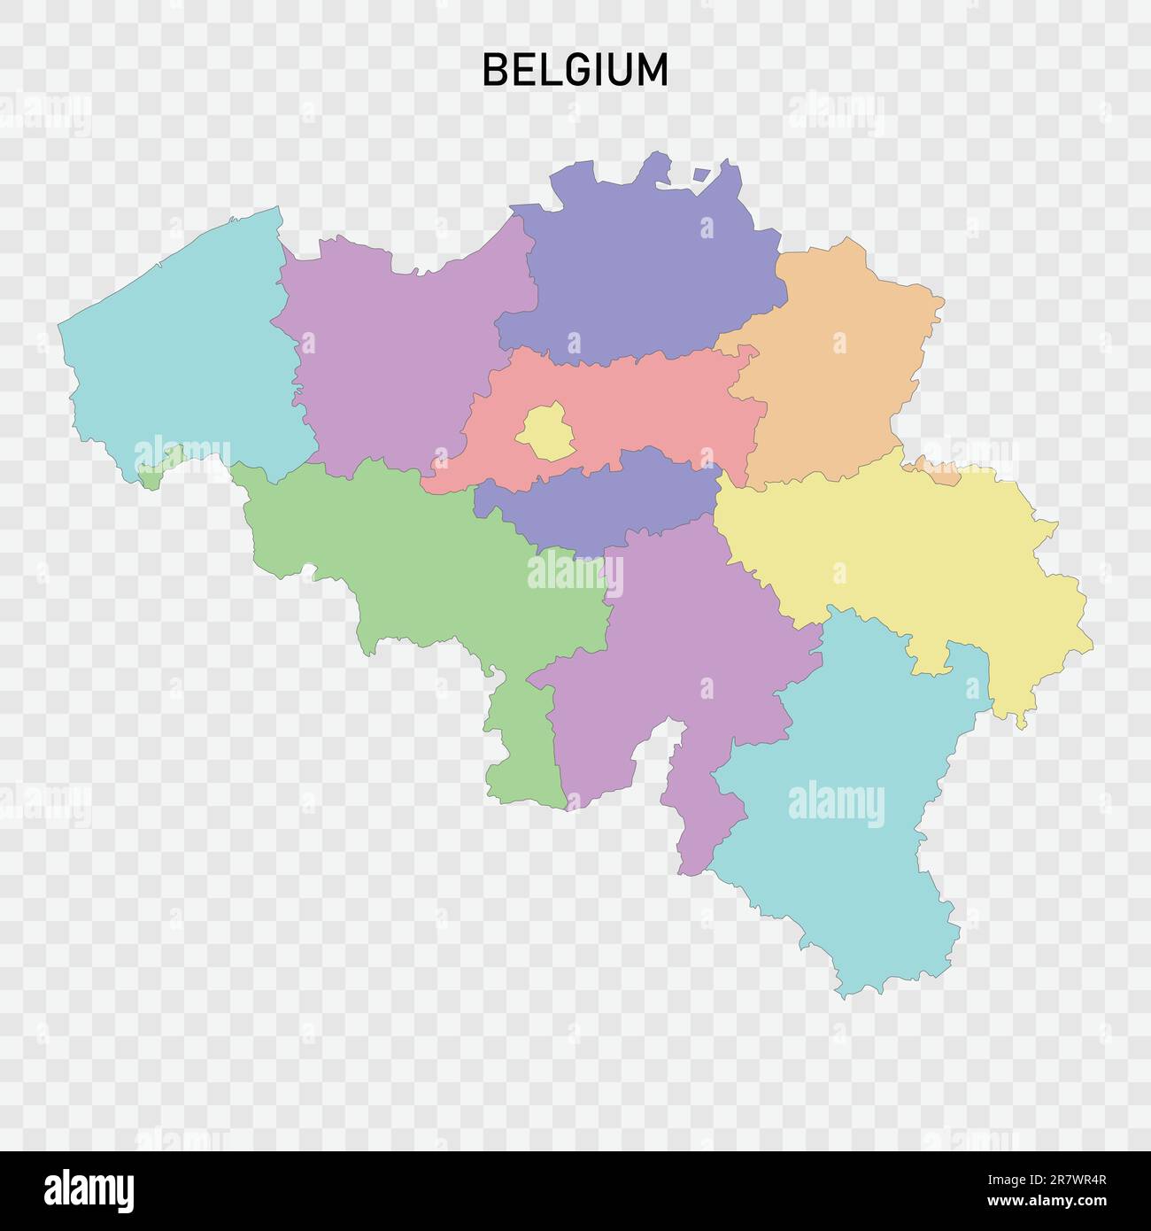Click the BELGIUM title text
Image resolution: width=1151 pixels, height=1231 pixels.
click(x=575, y=70)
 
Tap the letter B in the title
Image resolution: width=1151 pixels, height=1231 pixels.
click(x=494, y=70)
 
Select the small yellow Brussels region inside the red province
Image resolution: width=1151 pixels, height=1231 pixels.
click(x=545, y=432)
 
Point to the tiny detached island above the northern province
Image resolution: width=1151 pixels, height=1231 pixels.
click(x=702, y=174)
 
